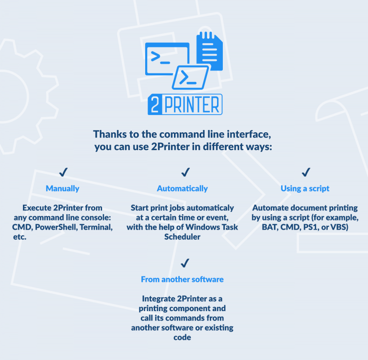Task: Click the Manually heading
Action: pyautogui.click(x=62, y=188)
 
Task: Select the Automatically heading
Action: pyautogui.click(x=183, y=188)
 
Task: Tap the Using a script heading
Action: pyautogui.click(x=305, y=188)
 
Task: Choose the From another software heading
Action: pyautogui.click(x=183, y=279)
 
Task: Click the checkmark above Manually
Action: pyautogui.click(x=63, y=172)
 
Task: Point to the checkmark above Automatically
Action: pyautogui.click(x=185, y=172)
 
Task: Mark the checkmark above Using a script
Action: pyautogui.click(x=306, y=172)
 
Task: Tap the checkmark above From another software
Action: pyautogui.click(x=185, y=263)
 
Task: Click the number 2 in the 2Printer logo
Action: pyautogui.click(x=155, y=105)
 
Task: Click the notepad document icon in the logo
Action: pyautogui.click(x=209, y=51)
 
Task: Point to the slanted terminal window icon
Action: pyautogui.click(x=190, y=78)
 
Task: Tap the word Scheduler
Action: pyautogui.click(x=183, y=237)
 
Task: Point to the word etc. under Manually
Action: pyautogui.click(x=20, y=237)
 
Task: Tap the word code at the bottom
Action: pyautogui.click(x=183, y=337)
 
